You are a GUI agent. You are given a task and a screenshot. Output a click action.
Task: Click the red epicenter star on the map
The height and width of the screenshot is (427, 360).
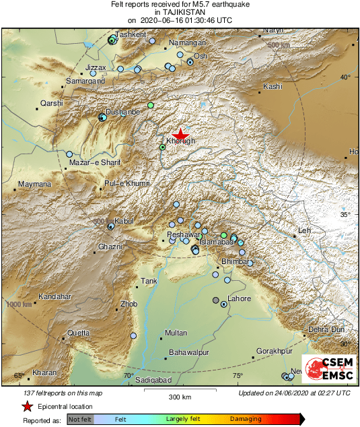pos(180,134)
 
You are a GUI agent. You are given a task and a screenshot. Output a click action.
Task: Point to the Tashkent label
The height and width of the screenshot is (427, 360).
pos(131,34)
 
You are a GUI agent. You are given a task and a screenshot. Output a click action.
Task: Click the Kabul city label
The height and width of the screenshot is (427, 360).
pos(125,221)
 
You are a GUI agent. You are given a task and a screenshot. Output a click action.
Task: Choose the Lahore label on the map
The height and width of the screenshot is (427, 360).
pos(240,298)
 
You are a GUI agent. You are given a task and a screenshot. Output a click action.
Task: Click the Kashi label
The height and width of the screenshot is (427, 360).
pos(273,86)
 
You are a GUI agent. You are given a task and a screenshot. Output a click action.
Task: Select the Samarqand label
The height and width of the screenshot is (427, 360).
pos(85,81)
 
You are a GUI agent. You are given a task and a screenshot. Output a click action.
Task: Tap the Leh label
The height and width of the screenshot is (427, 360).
pos(304,230)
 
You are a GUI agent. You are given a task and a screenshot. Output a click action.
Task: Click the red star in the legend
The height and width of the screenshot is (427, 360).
pos(27,407)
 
